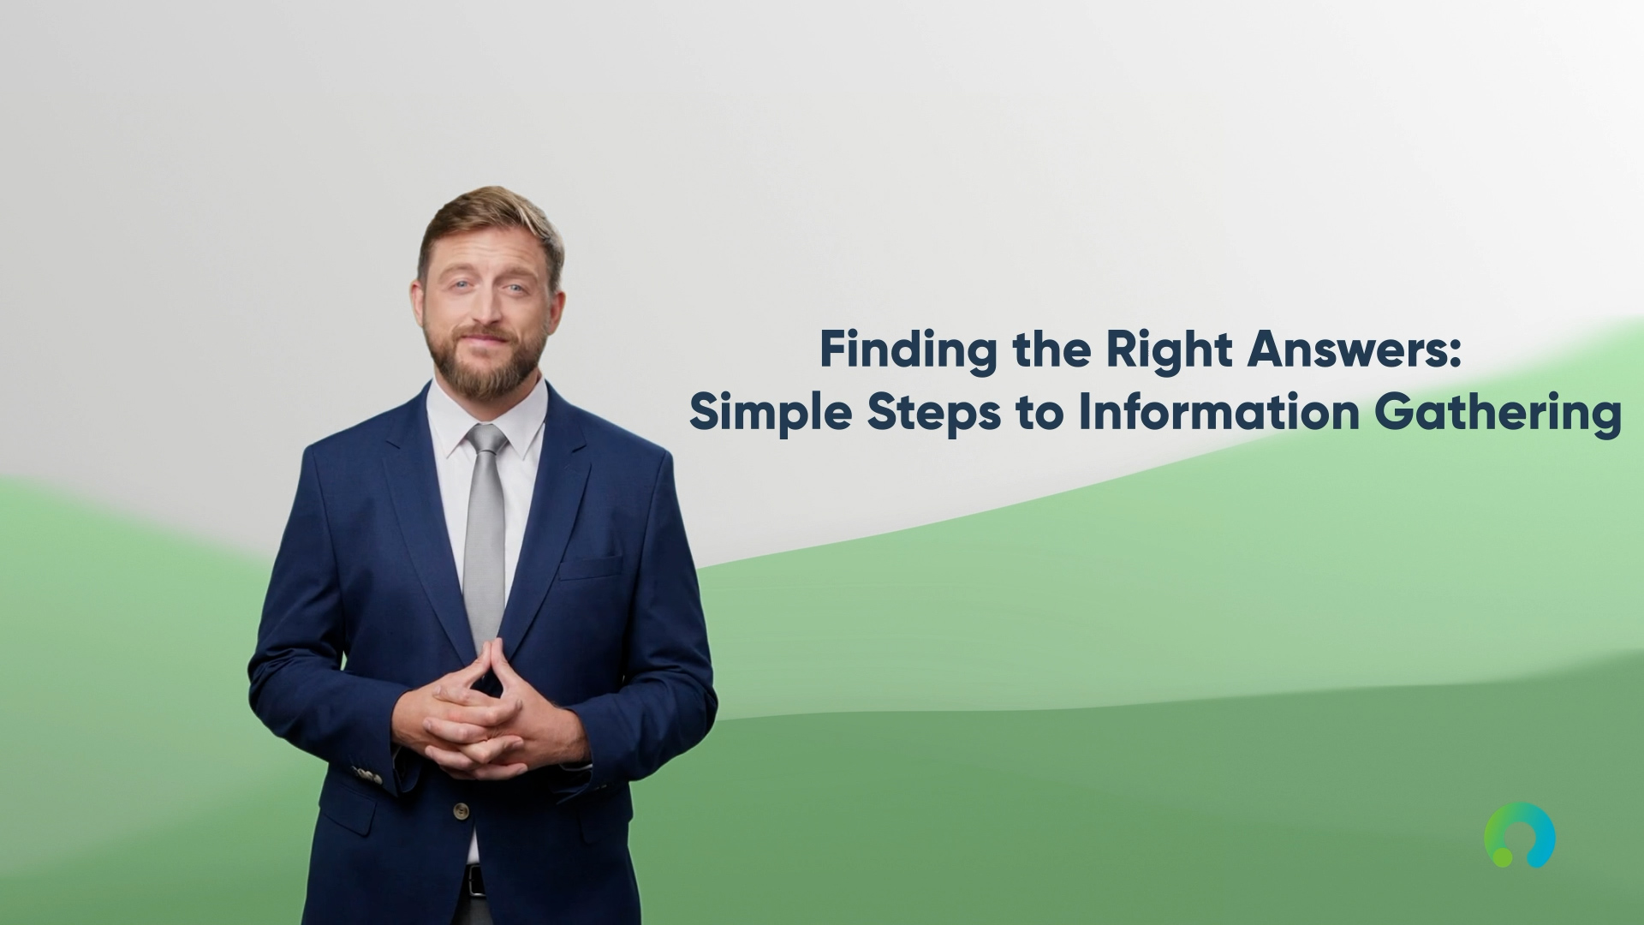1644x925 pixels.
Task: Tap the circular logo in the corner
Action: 1520,834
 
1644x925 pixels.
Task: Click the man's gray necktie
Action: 485,531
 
